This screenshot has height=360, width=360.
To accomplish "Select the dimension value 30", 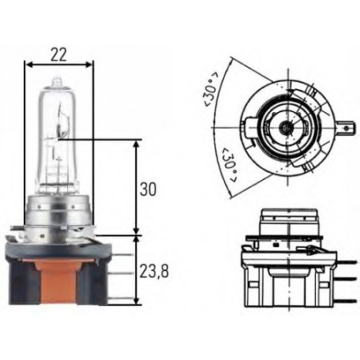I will point(147,189).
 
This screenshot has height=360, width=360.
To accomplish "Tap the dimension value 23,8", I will point(155,271).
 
